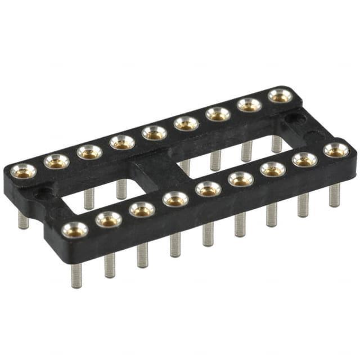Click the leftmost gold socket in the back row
coord(23,170)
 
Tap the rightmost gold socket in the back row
coord(280,96)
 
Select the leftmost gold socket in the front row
coord(75,229)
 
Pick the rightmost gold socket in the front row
coord(336,150)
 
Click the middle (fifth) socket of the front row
coord(208,188)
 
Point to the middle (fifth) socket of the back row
coord(154,133)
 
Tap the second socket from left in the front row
coord(109,219)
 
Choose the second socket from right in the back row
coord(249,105)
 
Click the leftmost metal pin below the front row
coord(76,275)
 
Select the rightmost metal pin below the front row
coord(335,195)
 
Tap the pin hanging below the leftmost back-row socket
coord(23,219)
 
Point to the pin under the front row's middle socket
coord(208,233)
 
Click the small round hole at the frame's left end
coord(43,195)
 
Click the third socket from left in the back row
coord(89,152)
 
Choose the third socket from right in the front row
coord(272,169)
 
